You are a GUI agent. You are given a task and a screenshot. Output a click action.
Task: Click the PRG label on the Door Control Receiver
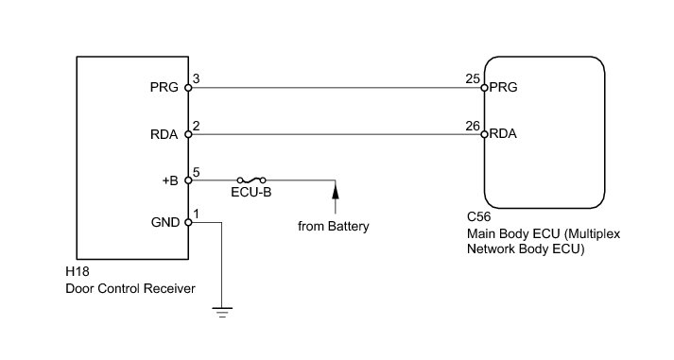[x=164, y=87]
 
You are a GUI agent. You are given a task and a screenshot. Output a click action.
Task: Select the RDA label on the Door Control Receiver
[x=164, y=134]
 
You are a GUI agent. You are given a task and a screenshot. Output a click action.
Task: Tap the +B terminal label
[x=170, y=180]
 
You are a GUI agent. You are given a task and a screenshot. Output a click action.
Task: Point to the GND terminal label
[x=165, y=223]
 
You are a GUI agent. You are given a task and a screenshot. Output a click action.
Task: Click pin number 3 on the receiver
[x=197, y=79]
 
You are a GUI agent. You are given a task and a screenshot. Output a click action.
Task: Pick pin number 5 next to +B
[x=197, y=172]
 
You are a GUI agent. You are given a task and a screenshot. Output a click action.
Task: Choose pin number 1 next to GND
[x=197, y=214]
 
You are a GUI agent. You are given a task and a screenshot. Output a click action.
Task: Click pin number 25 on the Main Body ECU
[x=473, y=79]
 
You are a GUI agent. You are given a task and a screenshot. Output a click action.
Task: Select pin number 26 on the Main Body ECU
[x=473, y=126]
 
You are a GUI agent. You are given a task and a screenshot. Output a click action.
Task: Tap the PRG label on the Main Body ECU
[x=503, y=87]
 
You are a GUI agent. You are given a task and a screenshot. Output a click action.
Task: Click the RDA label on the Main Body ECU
[x=503, y=133]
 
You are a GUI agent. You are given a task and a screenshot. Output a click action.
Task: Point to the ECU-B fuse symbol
[x=251, y=180]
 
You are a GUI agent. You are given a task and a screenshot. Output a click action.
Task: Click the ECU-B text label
[x=251, y=192]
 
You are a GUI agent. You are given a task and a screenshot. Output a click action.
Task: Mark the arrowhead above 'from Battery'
[x=336, y=190]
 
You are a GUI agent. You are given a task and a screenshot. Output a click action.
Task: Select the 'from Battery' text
[x=334, y=226]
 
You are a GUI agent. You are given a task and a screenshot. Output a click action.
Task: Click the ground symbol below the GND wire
[x=222, y=313]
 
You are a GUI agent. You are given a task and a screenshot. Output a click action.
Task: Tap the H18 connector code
[x=78, y=272]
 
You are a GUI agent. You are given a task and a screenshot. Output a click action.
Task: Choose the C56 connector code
[x=479, y=216]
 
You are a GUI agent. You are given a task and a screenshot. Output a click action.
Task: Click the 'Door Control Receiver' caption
[x=130, y=288]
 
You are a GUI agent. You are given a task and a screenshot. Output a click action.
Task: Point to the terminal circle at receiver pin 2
[x=188, y=134]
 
